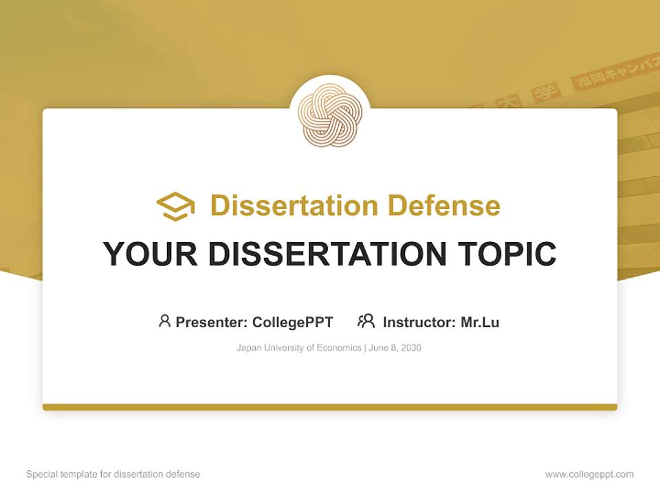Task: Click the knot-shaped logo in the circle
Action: tap(330, 115)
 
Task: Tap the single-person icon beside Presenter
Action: tap(164, 321)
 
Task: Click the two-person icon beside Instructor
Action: tap(366, 321)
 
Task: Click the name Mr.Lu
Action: tap(479, 322)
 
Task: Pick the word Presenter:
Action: tap(212, 322)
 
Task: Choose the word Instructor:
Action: tap(419, 322)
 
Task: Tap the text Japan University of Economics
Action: tap(298, 348)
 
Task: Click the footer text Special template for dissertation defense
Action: tap(113, 474)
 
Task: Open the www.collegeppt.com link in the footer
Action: tap(589, 474)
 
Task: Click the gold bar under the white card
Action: tap(330, 407)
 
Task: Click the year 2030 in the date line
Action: tap(410, 348)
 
